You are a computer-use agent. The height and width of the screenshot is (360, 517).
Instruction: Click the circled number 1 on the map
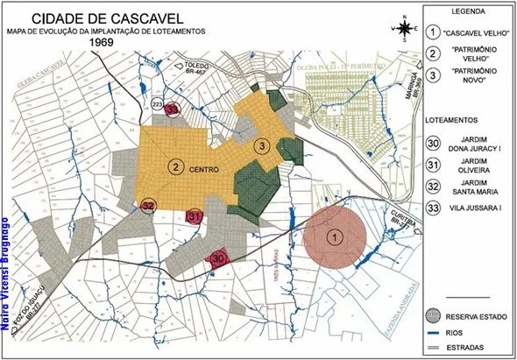[x=333, y=236]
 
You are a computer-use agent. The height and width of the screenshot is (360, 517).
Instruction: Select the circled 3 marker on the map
[x=260, y=145]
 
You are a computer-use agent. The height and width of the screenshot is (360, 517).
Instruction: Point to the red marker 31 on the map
[x=195, y=216]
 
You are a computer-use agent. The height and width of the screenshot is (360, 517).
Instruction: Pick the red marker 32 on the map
[x=148, y=206]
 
